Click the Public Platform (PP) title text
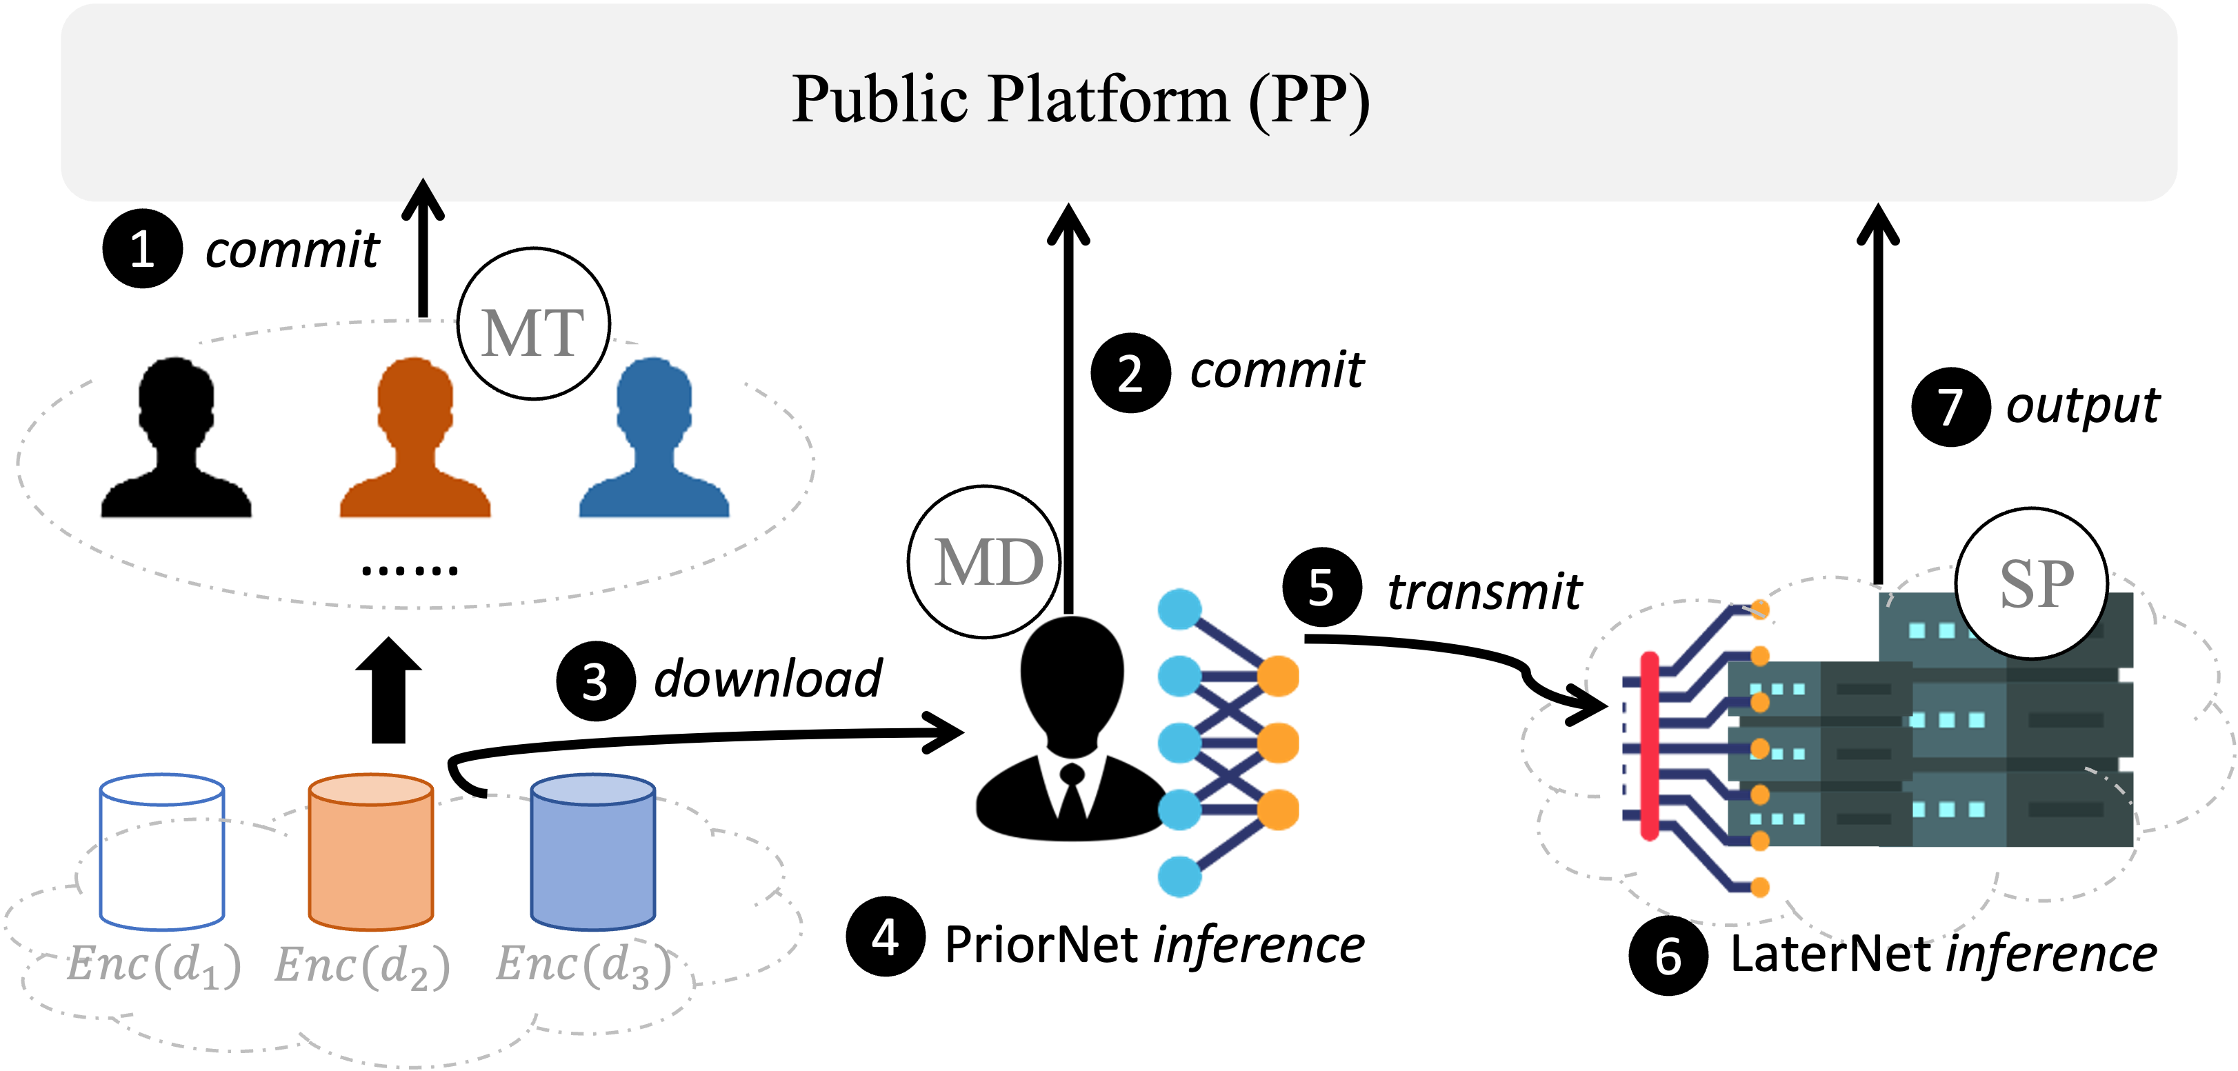coord(1080,99)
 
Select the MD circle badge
coord(986,562)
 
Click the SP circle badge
coord(2032,583)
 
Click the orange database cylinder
coord(371,851)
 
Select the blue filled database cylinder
coord(592,851)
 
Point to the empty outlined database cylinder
coord(163,851)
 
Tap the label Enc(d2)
coord(362,965)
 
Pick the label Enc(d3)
coord(585,965)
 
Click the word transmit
coord(1484,592)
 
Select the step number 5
coord(1321,589)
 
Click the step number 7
coord(1950,408)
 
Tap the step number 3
coord(595,683)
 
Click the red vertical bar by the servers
coord(1650,745)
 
